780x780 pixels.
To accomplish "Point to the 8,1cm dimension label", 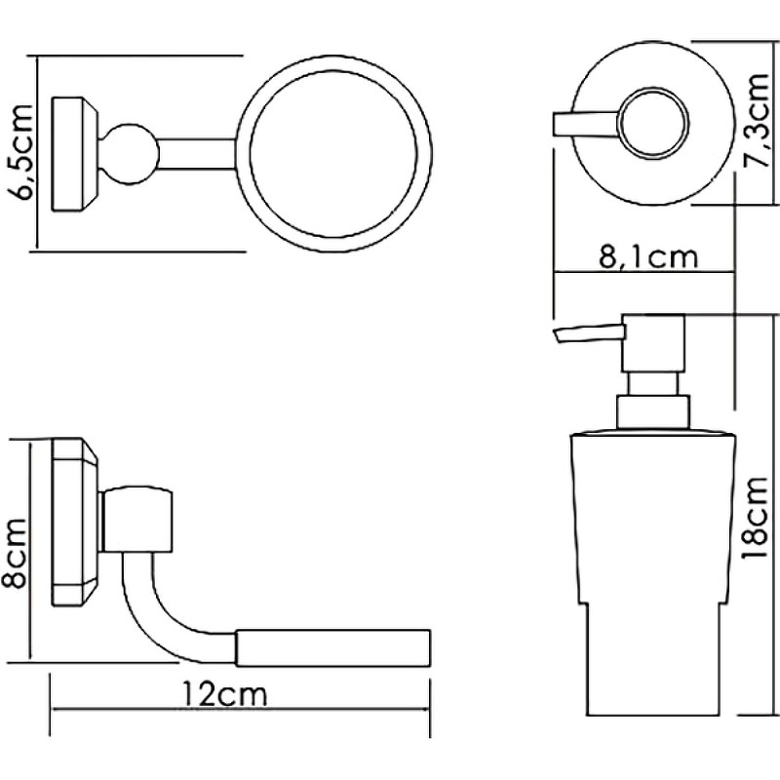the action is tap(648, 256).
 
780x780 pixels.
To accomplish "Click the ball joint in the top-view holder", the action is tap(130, 154).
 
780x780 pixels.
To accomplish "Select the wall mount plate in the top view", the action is tap(75, 154).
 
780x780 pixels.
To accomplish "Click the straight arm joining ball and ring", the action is tap(197, 154).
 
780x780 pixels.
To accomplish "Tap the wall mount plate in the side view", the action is tap(75, 522).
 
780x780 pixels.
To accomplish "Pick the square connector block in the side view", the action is tap(137, 521).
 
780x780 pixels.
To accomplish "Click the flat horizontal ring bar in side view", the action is tap(332, 647).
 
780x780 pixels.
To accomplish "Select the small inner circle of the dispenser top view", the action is tap(653, 123).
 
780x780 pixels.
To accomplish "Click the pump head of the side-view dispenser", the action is tap(653, 343).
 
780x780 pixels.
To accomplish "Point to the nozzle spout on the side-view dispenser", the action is tap(588, 333).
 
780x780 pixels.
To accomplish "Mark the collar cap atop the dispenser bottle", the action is tap(653, 411).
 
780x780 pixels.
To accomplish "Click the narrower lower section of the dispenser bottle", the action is tap(651, 659).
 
